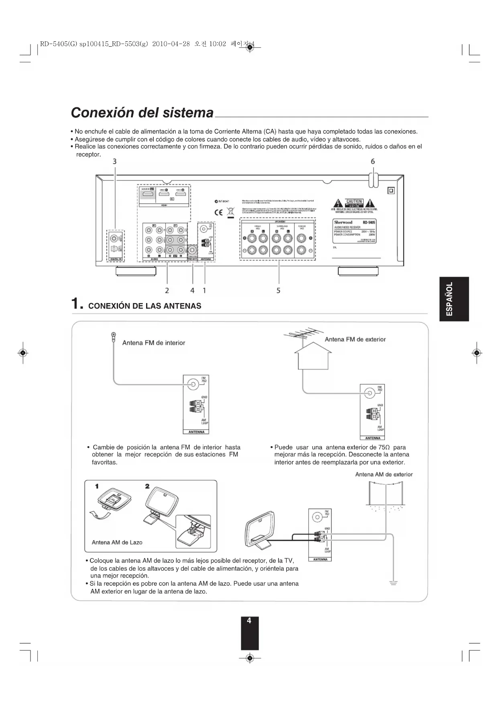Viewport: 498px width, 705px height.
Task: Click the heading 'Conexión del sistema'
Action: tap(142, 113)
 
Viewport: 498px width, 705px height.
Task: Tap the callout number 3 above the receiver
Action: tap(115, 161)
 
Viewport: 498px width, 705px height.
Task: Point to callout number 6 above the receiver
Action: tap(373, 161)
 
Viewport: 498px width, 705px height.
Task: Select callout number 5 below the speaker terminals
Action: tap(278, 290)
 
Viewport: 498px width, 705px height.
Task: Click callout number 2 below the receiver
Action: tap(167, 290)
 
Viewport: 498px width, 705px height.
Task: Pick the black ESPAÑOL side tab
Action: tap(454, 299)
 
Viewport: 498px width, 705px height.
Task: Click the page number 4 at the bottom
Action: tap(249, 621)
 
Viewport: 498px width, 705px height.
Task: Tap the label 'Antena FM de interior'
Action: tap(154, 343)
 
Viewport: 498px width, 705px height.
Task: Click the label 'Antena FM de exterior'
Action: tap(355, 340)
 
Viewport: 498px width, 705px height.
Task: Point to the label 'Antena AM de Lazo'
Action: tap(117, 542)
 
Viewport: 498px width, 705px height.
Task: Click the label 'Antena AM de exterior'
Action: tap(384, 474)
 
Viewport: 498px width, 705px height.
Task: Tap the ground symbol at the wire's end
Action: tap(394, 583)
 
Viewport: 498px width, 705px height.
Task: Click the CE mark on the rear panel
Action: tap(218, 212)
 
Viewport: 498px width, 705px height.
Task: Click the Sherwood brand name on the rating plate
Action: tap(344, 222)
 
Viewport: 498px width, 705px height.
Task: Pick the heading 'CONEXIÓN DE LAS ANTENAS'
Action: tap(144, 306)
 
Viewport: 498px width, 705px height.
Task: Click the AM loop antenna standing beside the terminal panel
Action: tap(260, 530)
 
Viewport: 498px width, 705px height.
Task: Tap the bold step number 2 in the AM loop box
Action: tap(147, 486)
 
